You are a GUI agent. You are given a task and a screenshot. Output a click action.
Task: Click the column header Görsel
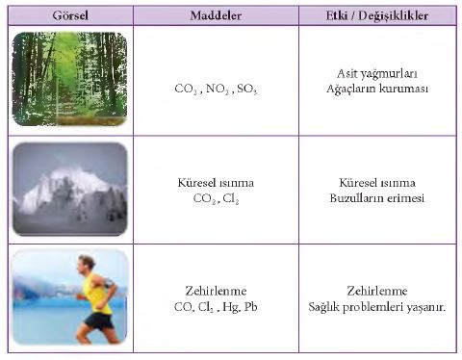point(70,15)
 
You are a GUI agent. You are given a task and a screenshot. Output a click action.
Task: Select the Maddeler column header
point(216,15)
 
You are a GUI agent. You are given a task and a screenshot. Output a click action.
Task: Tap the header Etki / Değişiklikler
point(377,15)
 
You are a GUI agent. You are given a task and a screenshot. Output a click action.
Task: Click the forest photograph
point(70,79)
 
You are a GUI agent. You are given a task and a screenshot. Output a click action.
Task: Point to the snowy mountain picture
point(70,189)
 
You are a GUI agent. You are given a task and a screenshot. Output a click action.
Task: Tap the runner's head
point(86,264)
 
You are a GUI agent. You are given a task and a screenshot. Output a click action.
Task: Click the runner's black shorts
point(99,321)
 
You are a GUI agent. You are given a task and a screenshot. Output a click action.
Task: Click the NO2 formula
point(218,89)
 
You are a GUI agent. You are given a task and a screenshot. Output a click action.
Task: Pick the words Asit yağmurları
point(377,74)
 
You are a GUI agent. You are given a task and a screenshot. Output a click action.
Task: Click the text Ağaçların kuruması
point(377,89)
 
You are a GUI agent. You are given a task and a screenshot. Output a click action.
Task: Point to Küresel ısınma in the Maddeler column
point(216,183)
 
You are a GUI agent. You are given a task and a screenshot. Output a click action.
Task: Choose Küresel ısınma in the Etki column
point(377,183)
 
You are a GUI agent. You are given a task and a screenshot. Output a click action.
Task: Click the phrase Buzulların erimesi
point(377,197)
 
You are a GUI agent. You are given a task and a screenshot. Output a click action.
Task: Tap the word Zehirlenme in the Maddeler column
point(216,291)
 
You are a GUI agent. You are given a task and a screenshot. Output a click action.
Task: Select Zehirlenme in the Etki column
point(377,291)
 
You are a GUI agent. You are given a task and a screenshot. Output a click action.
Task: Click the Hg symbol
point(230,307)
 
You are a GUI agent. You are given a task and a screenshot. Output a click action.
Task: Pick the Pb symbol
point(250,307)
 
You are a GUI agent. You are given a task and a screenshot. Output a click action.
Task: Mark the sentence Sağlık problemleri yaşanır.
point(377,307)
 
